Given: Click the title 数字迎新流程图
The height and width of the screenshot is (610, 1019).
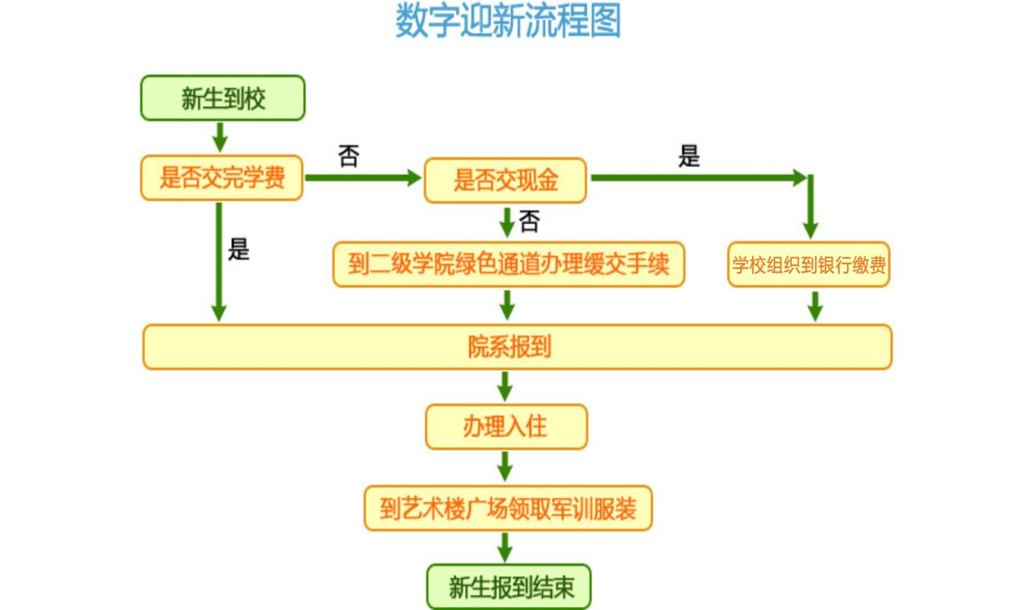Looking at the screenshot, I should (508, 21).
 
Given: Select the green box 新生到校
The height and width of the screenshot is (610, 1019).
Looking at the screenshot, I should (222, 98).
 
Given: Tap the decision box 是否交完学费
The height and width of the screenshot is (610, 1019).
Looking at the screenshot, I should (222, 179).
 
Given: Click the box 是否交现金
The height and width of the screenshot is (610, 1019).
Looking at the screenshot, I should (505, 180).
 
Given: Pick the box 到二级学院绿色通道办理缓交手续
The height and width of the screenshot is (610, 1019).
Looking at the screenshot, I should (508, 264).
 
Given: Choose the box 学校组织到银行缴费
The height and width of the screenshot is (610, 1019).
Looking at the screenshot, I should (809, 265).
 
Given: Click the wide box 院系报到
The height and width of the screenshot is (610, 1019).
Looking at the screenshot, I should (517, 347).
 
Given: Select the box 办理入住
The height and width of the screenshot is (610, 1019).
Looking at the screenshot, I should (506, 426).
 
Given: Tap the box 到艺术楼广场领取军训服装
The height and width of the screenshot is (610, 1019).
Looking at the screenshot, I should (508, 508).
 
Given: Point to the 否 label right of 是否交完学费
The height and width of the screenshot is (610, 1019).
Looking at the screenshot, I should (349, 157).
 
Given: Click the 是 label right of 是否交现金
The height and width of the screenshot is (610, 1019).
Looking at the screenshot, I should (689, 157).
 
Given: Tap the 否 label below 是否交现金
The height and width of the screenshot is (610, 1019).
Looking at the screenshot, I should (529, 222).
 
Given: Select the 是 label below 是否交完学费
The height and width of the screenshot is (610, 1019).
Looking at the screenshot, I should (239, 249).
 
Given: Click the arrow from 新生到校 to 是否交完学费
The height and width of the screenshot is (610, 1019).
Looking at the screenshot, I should (220, 137).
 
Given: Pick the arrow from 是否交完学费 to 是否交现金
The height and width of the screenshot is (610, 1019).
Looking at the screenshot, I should (363, 178).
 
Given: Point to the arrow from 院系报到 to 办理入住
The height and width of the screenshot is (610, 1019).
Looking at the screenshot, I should (505, 386).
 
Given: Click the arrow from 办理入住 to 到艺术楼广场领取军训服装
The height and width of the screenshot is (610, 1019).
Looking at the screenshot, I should (505, 466).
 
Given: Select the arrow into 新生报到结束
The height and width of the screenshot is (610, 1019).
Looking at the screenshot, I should (505, 547).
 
